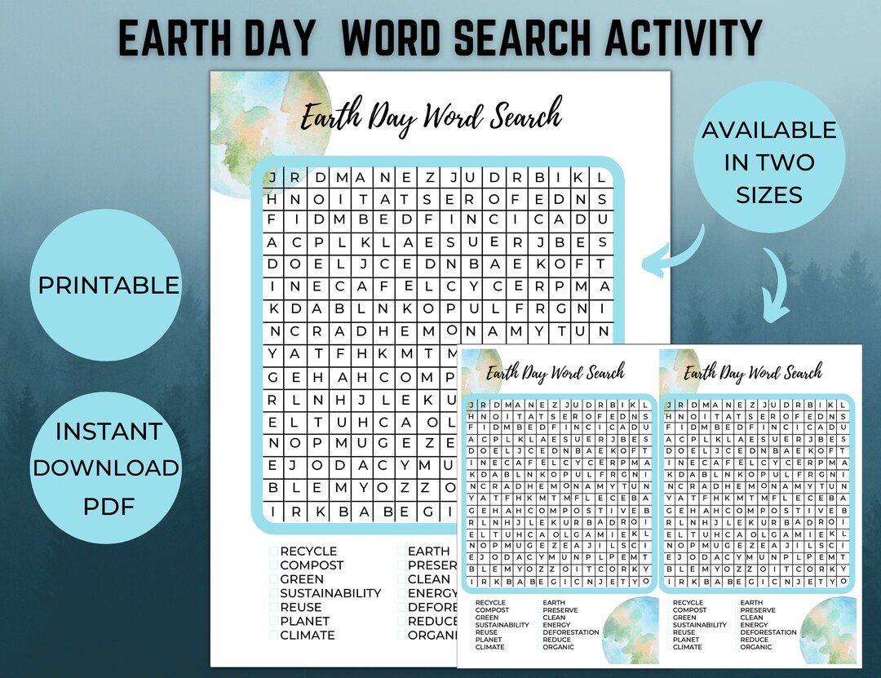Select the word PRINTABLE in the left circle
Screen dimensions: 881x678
tap(108, 285)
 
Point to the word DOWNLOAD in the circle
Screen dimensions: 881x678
tap(106, 468)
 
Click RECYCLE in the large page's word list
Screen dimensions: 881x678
tap(308, 552)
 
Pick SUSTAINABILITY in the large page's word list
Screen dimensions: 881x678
tap(330, 593)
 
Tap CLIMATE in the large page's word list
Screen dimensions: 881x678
tap(308, 635)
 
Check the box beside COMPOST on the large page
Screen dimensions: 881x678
tap(274, 565)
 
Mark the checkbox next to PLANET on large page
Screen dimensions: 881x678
tap(274, 621)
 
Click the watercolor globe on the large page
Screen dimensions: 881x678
tap(257, 131)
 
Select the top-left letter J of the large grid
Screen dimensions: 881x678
tap(272, 177)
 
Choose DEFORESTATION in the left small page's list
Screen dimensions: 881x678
tap(571, 631)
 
